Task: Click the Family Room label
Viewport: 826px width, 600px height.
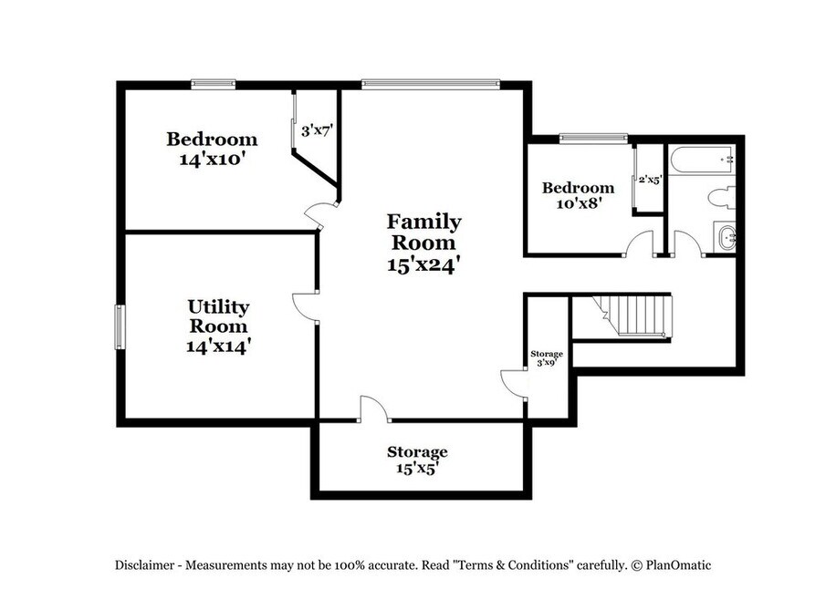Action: [424, 233]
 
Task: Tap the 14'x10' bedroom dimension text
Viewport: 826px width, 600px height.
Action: [213, 159]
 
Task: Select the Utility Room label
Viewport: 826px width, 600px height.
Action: [218, 316]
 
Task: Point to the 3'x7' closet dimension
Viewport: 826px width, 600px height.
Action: [317, 130]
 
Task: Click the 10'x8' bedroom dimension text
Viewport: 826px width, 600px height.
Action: [579, 202]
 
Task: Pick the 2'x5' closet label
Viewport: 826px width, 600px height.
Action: [650, 180]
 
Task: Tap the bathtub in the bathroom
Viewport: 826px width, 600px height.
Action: [702, 160]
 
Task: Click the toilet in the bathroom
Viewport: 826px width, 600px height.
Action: [722, 197]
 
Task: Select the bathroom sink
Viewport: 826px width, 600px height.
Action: [725, 237]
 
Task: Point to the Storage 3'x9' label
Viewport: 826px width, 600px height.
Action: [547, 357]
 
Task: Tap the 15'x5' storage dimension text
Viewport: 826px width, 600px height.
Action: [417, 468]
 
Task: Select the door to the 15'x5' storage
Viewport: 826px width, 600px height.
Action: [374, 409]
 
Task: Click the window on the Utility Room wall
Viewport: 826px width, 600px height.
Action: [120, 326]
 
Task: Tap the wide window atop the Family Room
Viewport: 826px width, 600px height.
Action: [430, 84]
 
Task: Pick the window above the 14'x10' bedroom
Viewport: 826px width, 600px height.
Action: [214, 83]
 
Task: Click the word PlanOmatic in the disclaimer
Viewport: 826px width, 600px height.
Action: [678, 565]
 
